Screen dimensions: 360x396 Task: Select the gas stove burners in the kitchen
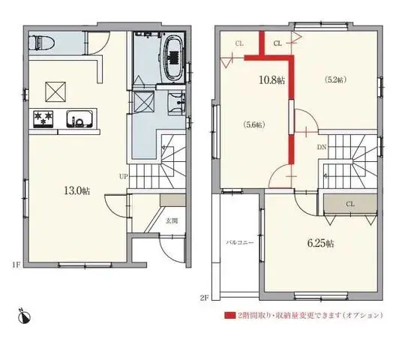[41, 118]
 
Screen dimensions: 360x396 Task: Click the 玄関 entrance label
[172, 220]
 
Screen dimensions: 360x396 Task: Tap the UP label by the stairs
[123, 177]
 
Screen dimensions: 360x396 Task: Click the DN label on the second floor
[321, 147]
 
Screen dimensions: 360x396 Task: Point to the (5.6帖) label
[254, 125]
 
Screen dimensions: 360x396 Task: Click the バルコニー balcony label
[240, 243]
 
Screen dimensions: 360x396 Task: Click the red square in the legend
[229, 315]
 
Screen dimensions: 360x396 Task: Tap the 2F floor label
[204, 297]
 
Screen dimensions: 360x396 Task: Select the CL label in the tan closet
[350, 203]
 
